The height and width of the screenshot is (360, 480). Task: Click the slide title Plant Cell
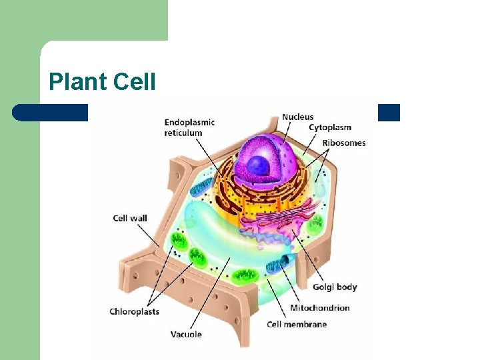(x=102, y=82)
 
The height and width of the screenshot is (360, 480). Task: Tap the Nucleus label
(x=297, y=117)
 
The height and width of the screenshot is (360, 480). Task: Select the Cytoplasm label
(x=330, y=127)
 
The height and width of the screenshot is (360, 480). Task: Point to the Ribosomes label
(x=344, y=143)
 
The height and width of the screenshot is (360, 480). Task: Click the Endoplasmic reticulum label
(x=189, y=127)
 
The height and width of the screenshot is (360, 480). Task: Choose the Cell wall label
(x=130, y=218)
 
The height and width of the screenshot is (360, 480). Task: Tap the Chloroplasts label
(x=134, y=311)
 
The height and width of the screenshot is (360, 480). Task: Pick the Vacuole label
(x=186, y=334)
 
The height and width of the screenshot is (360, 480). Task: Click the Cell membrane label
(x=297, y=325)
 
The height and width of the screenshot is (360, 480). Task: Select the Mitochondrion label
(x=320, y=308)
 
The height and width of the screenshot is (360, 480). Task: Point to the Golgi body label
(x=335, y=287)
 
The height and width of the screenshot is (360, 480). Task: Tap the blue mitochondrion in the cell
(x=278, y=263)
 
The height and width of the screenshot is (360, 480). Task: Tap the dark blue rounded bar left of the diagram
(x=50, y=113)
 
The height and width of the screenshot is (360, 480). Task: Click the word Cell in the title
(x=135, y=82)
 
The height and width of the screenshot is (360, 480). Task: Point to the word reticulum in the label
(x=183, y=133)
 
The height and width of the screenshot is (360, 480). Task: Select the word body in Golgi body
(x=347, y=287)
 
